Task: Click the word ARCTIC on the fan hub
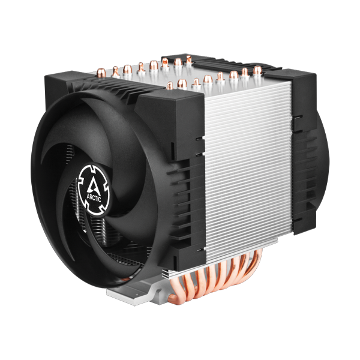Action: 94,197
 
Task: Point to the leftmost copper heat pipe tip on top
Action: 101,72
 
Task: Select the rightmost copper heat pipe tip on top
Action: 257,70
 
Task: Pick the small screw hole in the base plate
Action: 138,295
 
